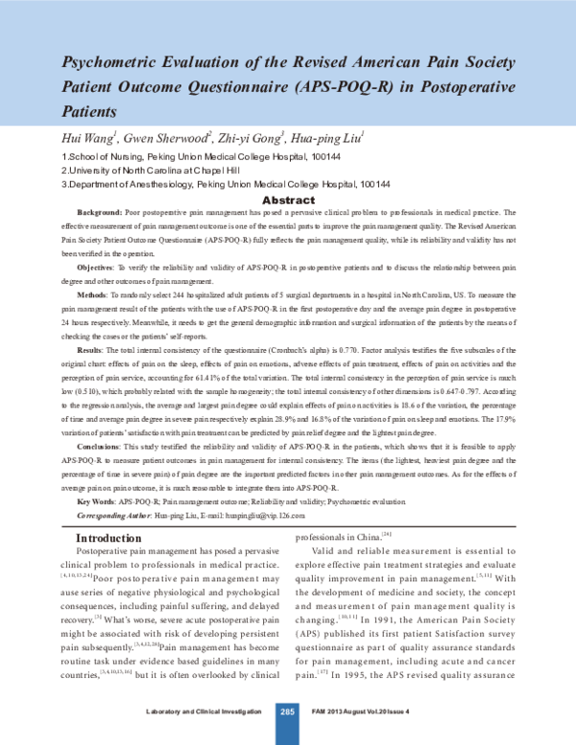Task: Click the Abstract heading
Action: click(288, 200)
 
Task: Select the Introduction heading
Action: click(117, 539)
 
